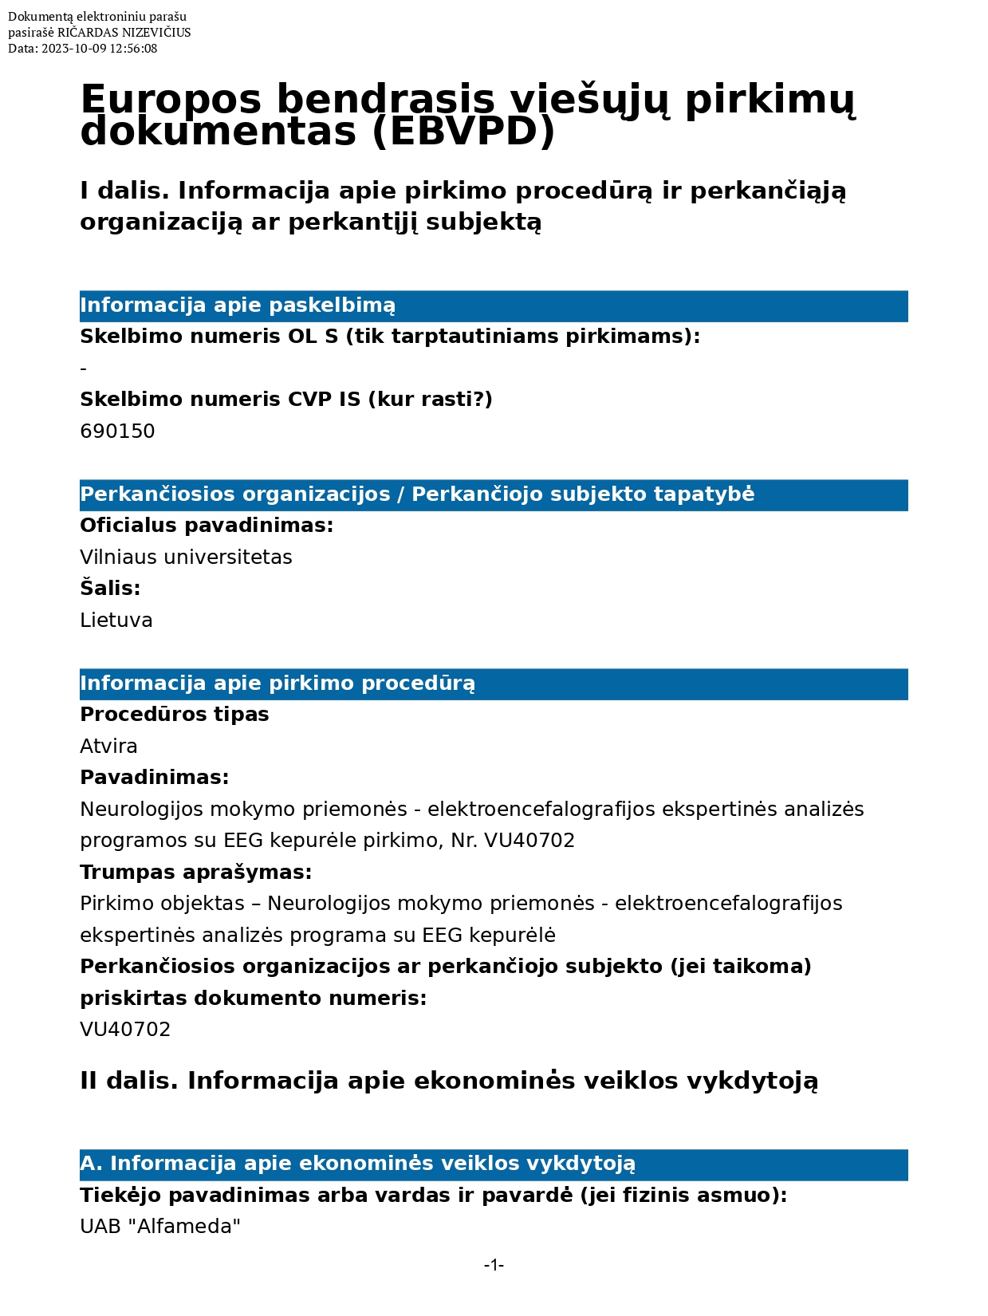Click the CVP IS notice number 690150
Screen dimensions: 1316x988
tap(117, 431)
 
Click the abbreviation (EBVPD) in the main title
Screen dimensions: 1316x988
tap(463, 132)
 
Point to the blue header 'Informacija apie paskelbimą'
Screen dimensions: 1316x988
tap(238, 305)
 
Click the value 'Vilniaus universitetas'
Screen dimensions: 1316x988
tap(186, 557)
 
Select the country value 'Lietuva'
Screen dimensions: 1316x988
tap(116, 620)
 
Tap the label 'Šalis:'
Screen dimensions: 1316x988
tap(110, 589)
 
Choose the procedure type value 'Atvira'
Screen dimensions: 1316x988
tap(108, 746)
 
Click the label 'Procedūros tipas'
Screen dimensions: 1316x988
tap(174, 714)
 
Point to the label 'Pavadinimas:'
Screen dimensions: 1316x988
tap(154, 777)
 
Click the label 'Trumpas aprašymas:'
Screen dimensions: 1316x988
tap(195, 872)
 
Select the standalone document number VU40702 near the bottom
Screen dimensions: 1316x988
tap(125, 1029)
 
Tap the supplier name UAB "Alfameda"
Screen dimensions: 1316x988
tap(160, 1226)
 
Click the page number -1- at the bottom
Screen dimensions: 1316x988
tap(494, 1265)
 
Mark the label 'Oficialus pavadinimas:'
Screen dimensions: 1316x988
tap(207, 525)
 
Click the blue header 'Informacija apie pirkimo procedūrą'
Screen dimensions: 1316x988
tap(278, 684)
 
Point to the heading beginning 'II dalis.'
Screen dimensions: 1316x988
tap(449, 1081)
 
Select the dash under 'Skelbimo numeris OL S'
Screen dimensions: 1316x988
tap(84, 369)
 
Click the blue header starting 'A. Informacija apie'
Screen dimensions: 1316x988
tap(357, 1164)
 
